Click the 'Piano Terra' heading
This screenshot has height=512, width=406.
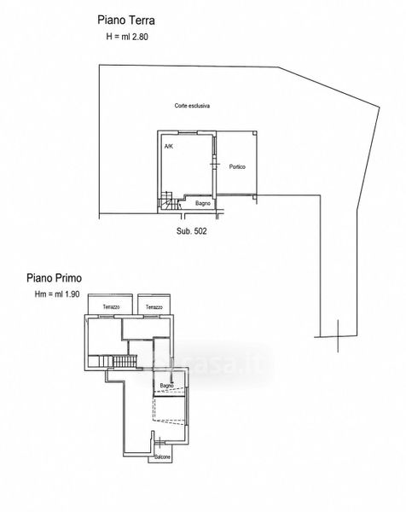click(126, 20)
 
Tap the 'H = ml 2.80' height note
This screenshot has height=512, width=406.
click(127, 37)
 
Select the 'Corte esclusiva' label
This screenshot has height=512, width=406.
click(192, 106)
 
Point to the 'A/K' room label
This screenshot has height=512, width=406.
click(169, 146)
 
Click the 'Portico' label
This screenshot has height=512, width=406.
click(237, 167)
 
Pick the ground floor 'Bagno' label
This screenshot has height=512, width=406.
click(203, 203)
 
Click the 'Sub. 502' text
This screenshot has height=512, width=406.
click(192, 231)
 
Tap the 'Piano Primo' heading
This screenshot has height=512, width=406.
click(55, 278)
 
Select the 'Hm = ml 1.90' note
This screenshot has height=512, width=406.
click(57, 294)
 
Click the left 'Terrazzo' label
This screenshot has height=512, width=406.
click(111, 307)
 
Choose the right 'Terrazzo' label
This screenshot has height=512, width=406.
click(154, 307)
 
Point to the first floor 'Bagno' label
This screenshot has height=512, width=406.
click(167, 386)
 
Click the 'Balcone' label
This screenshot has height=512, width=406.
click(163, 457)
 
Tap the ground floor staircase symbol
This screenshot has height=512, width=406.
click(169, 201)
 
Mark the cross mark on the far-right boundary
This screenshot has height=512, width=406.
click(338, 336)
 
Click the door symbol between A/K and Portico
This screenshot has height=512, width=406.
click(214, 163)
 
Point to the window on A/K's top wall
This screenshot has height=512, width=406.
click(188, 132)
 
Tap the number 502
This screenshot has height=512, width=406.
click(200, 231)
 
